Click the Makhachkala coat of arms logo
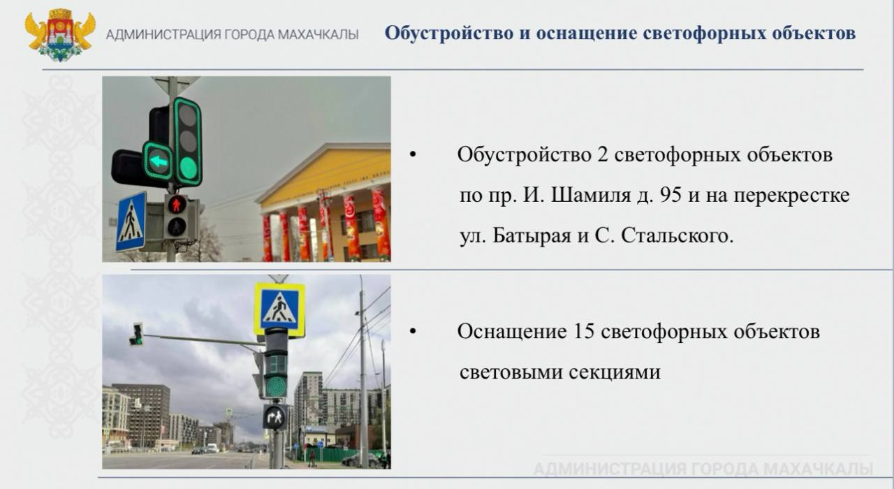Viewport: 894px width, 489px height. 60,35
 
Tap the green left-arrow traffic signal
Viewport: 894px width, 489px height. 158,161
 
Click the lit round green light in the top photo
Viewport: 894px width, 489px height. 188,168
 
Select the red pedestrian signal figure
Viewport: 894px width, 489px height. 177,205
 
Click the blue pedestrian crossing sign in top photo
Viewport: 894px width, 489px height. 131,222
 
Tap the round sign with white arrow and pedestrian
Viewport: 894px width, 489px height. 274,418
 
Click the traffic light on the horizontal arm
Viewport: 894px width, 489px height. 137,334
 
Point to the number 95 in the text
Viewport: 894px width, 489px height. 670,196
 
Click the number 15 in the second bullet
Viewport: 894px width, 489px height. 583,332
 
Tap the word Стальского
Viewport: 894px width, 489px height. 677,236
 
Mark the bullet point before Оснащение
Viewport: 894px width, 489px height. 413,331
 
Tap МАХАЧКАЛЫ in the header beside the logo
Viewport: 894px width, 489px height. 318,35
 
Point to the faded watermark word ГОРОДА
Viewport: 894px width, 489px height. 724,469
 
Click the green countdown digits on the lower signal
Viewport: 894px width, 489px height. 276,364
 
